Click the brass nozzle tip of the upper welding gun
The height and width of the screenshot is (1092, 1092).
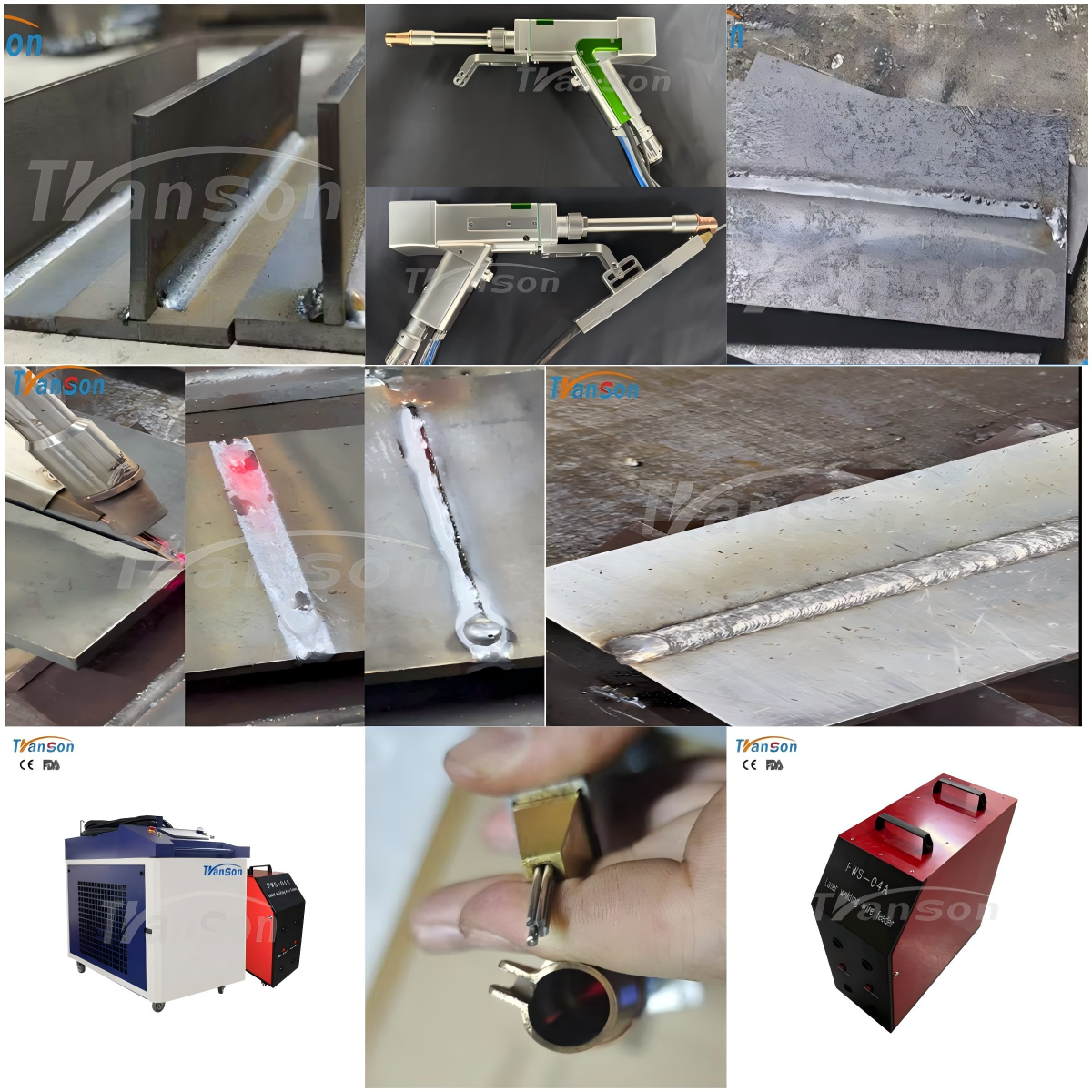tap(399, 39)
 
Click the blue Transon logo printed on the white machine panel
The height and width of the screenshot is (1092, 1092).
tap(223, 871)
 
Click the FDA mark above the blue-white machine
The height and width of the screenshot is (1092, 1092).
tap(51, 765)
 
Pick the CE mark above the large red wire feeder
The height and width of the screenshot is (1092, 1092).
tap(749, 765)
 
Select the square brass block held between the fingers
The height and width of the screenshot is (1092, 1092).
tap(545, 828)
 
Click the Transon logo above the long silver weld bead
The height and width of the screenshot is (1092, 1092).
tap(594, 389)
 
